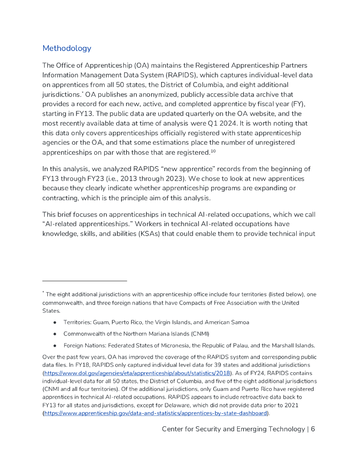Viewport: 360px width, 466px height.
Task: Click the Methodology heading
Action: click(x=66, y=48)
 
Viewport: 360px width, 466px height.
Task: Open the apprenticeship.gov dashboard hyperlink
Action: click(x=155, y=413)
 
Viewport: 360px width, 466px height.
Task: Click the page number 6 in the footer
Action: click(x=313, y=429)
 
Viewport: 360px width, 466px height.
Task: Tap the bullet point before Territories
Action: click(x=55, y=322)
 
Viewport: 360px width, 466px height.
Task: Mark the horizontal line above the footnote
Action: click(x=84, y=281)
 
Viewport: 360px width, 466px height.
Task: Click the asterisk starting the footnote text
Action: click(x=43, y=293)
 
